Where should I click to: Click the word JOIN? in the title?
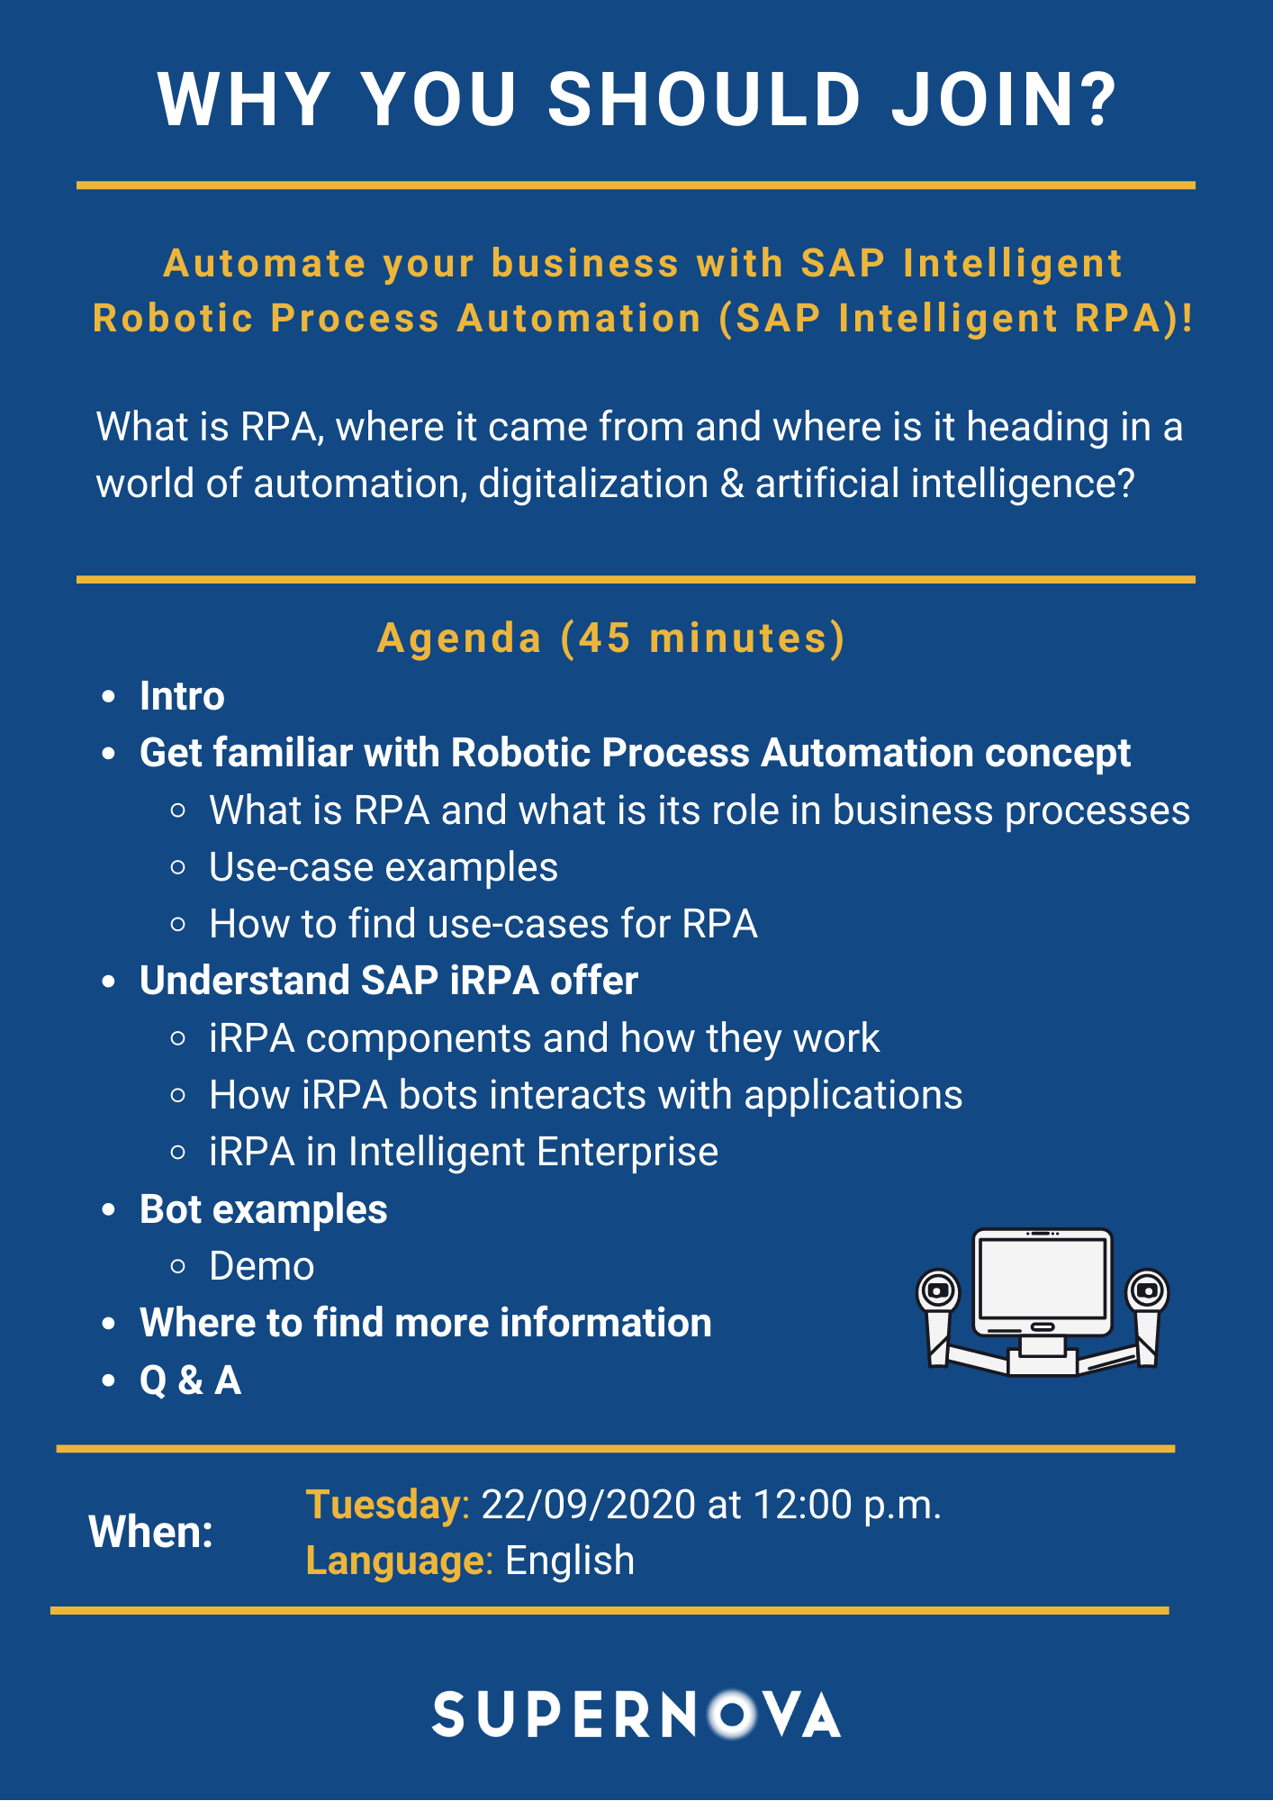tap(1005, 99)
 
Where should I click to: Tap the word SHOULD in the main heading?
tap(705, 99)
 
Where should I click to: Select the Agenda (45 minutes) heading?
tap(611, 638)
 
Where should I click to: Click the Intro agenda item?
tap(182, 696)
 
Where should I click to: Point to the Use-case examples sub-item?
tap(384, 867)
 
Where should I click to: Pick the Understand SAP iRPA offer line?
tap(389, 981)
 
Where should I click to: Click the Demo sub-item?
tap(262, 1266)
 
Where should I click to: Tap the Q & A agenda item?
tap(191, 1380)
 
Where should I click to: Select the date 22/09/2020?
tap(589, 1505)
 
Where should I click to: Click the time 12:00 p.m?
tap(847, 1505)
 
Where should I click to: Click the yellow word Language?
tap(395, 1561)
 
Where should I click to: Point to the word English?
tap(570, 1561)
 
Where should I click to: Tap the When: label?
tap(151, 1532)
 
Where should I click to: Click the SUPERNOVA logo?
tap(636, 1715)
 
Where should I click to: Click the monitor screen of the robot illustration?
tap(1043, 1279)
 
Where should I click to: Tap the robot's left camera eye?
tap(938, 1291)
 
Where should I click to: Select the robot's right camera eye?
tap(1147, 1291)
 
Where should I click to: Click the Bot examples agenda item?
tap(264, 1209)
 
